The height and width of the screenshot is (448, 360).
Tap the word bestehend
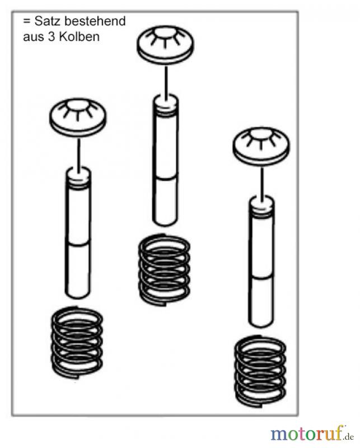coord(95,21)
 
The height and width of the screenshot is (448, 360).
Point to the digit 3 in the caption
coord(52,37)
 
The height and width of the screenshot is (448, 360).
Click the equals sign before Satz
coord(27,21)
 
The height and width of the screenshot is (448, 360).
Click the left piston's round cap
coord(78,118)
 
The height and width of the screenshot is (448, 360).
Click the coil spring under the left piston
coord(77,342)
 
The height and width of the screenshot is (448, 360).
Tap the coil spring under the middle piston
coord(164,269)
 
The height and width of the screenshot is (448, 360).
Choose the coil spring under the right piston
coord(260,371)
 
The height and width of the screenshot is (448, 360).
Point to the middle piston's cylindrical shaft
coord(166,160)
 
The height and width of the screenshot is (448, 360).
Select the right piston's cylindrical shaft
coord(261,262)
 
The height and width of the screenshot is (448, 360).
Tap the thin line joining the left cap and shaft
coord(78,152)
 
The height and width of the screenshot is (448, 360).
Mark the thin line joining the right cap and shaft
coord(261,181)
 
